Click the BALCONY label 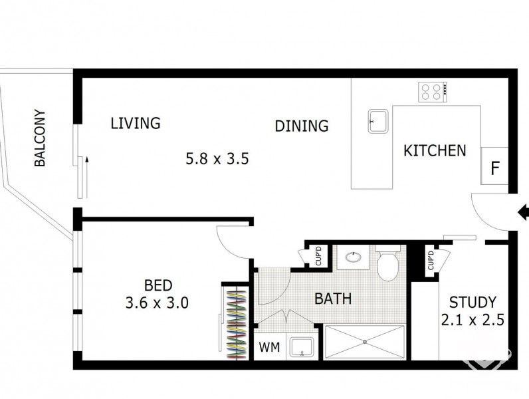tap(40, 138)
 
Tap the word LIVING tap(136, 123)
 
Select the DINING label tap(302, 126)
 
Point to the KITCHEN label tap(435, 150)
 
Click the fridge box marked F tap(494, 167)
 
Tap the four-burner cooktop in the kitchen tap(431, 91)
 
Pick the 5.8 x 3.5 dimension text tap(217, 159)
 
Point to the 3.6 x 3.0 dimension tap(158, 303)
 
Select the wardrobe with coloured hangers tap(236, 322)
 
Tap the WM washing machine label tap(268, 347)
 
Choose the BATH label tap(333, 299)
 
